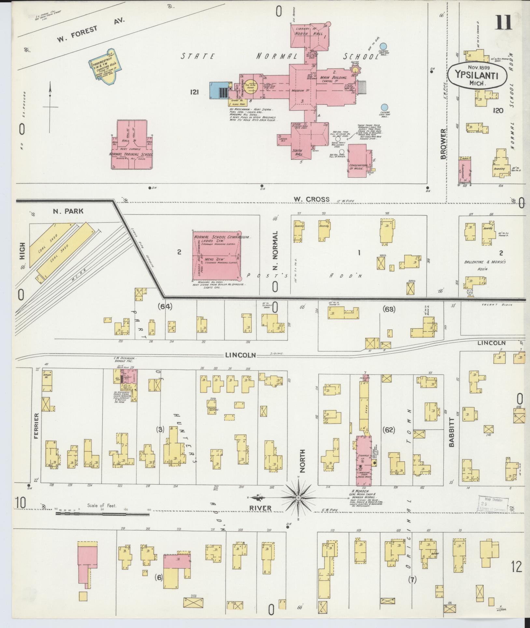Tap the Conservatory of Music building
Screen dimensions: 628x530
click(x=359, y=162)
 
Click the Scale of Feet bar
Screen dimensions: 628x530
click(x=102, y=514)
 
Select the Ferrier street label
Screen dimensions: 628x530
click(x=36, y=426)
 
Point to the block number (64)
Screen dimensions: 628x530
click(x=165, y=306)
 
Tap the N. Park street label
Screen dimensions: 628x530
click(x=68, y=211)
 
